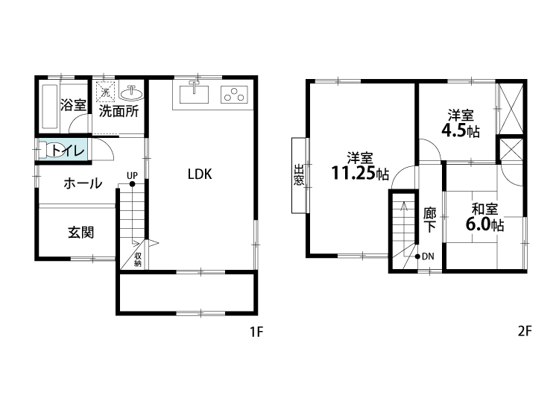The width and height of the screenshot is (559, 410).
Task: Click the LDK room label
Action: [x=200, y=174]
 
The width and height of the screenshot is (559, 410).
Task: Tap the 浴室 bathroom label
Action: [x=73, y=105]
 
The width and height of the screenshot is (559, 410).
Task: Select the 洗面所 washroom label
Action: [x=119, y=111]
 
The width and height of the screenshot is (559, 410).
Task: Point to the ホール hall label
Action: [x=83, y=183]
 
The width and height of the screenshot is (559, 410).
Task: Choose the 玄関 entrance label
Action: [x=81, y=233]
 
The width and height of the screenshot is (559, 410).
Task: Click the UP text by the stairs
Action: [x=132, y=175]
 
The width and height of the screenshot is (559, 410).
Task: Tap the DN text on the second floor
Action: [x=428, y=256]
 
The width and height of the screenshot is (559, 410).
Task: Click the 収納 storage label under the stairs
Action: [x=138, y=260]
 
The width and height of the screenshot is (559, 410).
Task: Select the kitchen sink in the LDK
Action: [x=194, y=93]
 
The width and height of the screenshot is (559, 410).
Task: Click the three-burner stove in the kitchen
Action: [x=234, y=95]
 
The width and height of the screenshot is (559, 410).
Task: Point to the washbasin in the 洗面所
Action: [x=131, y=93]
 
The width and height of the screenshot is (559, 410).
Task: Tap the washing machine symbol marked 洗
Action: [x=106, y=92]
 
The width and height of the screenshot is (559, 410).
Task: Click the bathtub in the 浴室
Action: [x=49, y=107]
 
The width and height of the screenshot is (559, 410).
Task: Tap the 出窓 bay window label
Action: [x=299, y=174]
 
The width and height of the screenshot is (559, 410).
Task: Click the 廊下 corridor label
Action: [x=429, y=220]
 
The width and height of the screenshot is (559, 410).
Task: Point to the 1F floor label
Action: [x=256, y=332]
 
